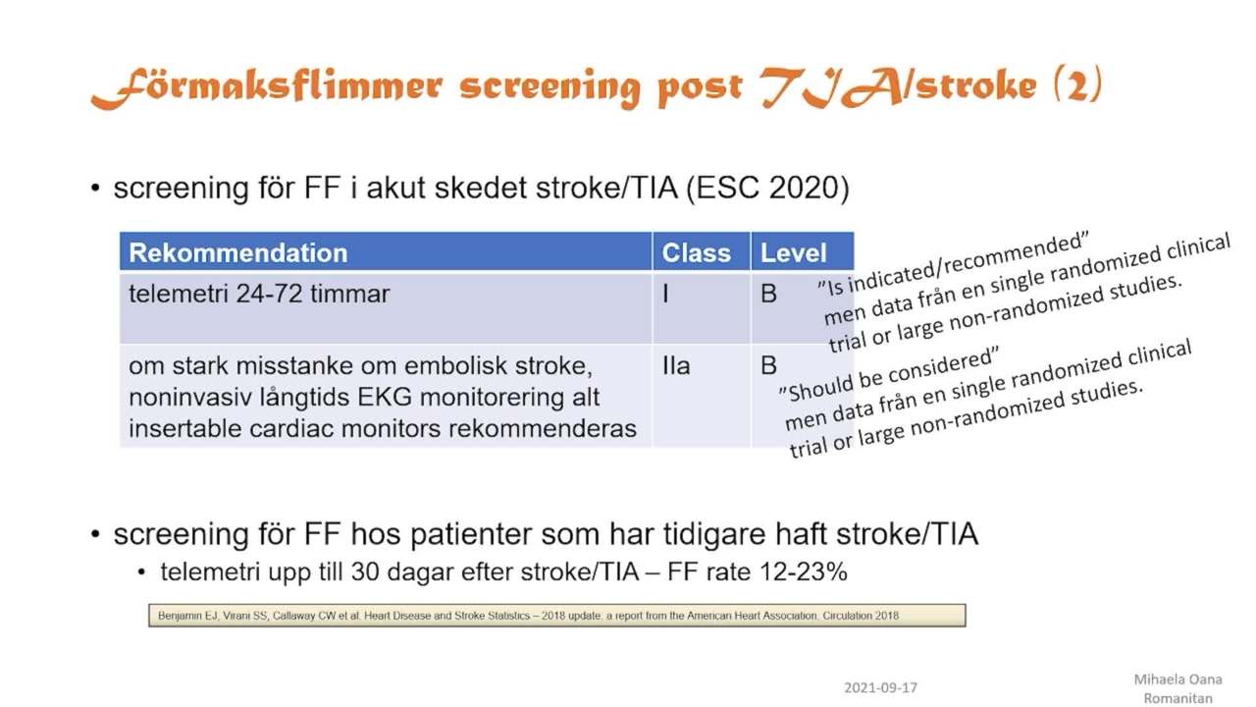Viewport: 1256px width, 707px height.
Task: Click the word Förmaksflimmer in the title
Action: coord(267,87)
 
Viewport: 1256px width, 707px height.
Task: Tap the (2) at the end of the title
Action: coord(1077,84)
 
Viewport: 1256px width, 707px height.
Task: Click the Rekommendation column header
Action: coord(238,253)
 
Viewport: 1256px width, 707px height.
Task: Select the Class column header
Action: coord(696,253)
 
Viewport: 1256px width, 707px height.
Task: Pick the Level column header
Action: coord(793,253)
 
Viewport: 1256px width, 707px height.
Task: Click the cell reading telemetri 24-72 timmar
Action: coord(259,294)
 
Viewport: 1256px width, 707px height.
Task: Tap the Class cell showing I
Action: coord(665,294)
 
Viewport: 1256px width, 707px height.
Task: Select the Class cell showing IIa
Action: coord(676,366)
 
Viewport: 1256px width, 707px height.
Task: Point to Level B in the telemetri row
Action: coord(768,294)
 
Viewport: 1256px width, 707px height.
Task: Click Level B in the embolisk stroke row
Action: coord(768,366)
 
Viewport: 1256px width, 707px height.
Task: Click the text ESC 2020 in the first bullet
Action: coord(767,188)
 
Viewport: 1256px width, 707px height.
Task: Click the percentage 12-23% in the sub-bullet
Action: coord(803,572)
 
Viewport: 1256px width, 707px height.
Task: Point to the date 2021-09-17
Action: coord(880,687)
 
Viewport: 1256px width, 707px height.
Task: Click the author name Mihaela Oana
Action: coord(1177,680)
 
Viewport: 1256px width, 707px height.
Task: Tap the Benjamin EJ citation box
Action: coord(556,616)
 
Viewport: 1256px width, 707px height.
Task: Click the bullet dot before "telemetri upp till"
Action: coord(141,572)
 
